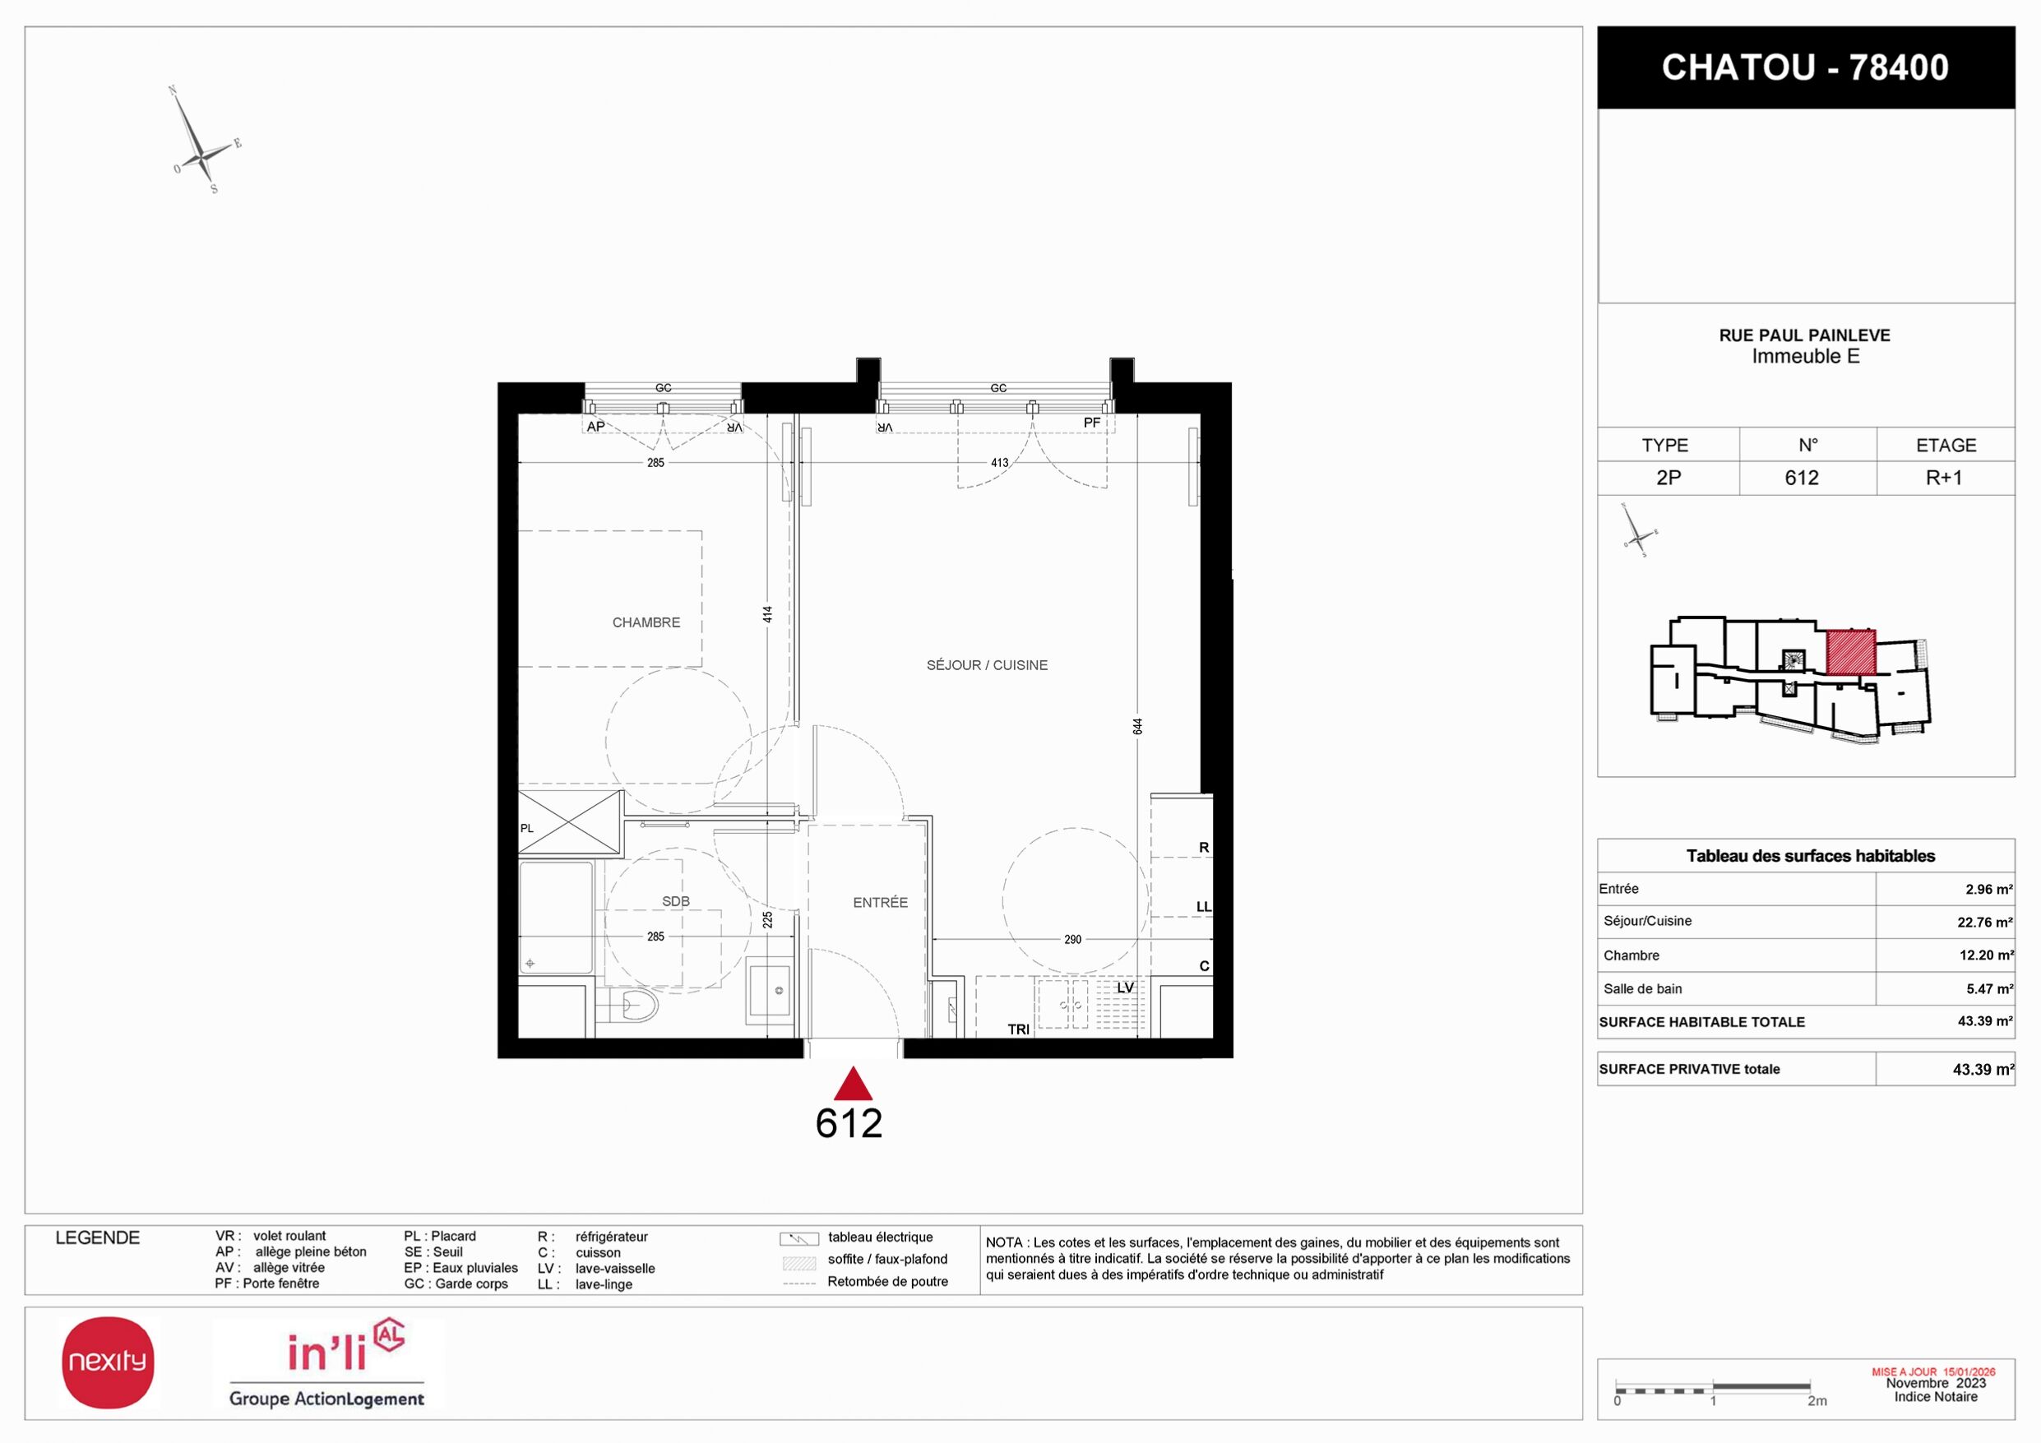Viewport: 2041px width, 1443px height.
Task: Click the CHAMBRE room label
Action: [x=646, y=622]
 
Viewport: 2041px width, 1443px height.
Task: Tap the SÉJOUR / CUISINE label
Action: [x=987, y=665]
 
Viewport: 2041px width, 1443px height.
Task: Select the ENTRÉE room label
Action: [x=880, y=903]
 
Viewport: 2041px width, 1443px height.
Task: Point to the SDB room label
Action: [x=676, y=901]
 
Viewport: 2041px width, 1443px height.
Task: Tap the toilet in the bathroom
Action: [x=635, y=1006]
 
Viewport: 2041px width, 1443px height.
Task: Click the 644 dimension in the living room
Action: [x=1138, y=726]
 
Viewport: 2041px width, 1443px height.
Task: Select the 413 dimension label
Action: [x=1000, y=462]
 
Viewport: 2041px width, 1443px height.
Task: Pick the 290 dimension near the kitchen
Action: [x=1073, y=939]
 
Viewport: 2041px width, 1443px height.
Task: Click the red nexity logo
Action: [x=108, y=1362]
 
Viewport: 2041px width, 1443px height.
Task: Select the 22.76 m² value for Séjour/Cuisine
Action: [x=1985, y=922]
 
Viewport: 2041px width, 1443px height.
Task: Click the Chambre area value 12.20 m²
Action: [x=1986, y=955]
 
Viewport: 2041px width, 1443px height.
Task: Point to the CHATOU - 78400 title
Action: [x=1806, y=67]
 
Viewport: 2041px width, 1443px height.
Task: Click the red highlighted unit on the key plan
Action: [x=1851, y=652]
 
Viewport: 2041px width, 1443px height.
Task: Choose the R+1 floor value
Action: [x=1944, y=478]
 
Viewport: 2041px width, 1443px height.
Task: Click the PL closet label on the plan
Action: [x=527, y=828]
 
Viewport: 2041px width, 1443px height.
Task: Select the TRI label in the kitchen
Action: [x=1019, y=1029]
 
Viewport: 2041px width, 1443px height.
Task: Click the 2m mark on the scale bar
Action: [x=1817, y=1400]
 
